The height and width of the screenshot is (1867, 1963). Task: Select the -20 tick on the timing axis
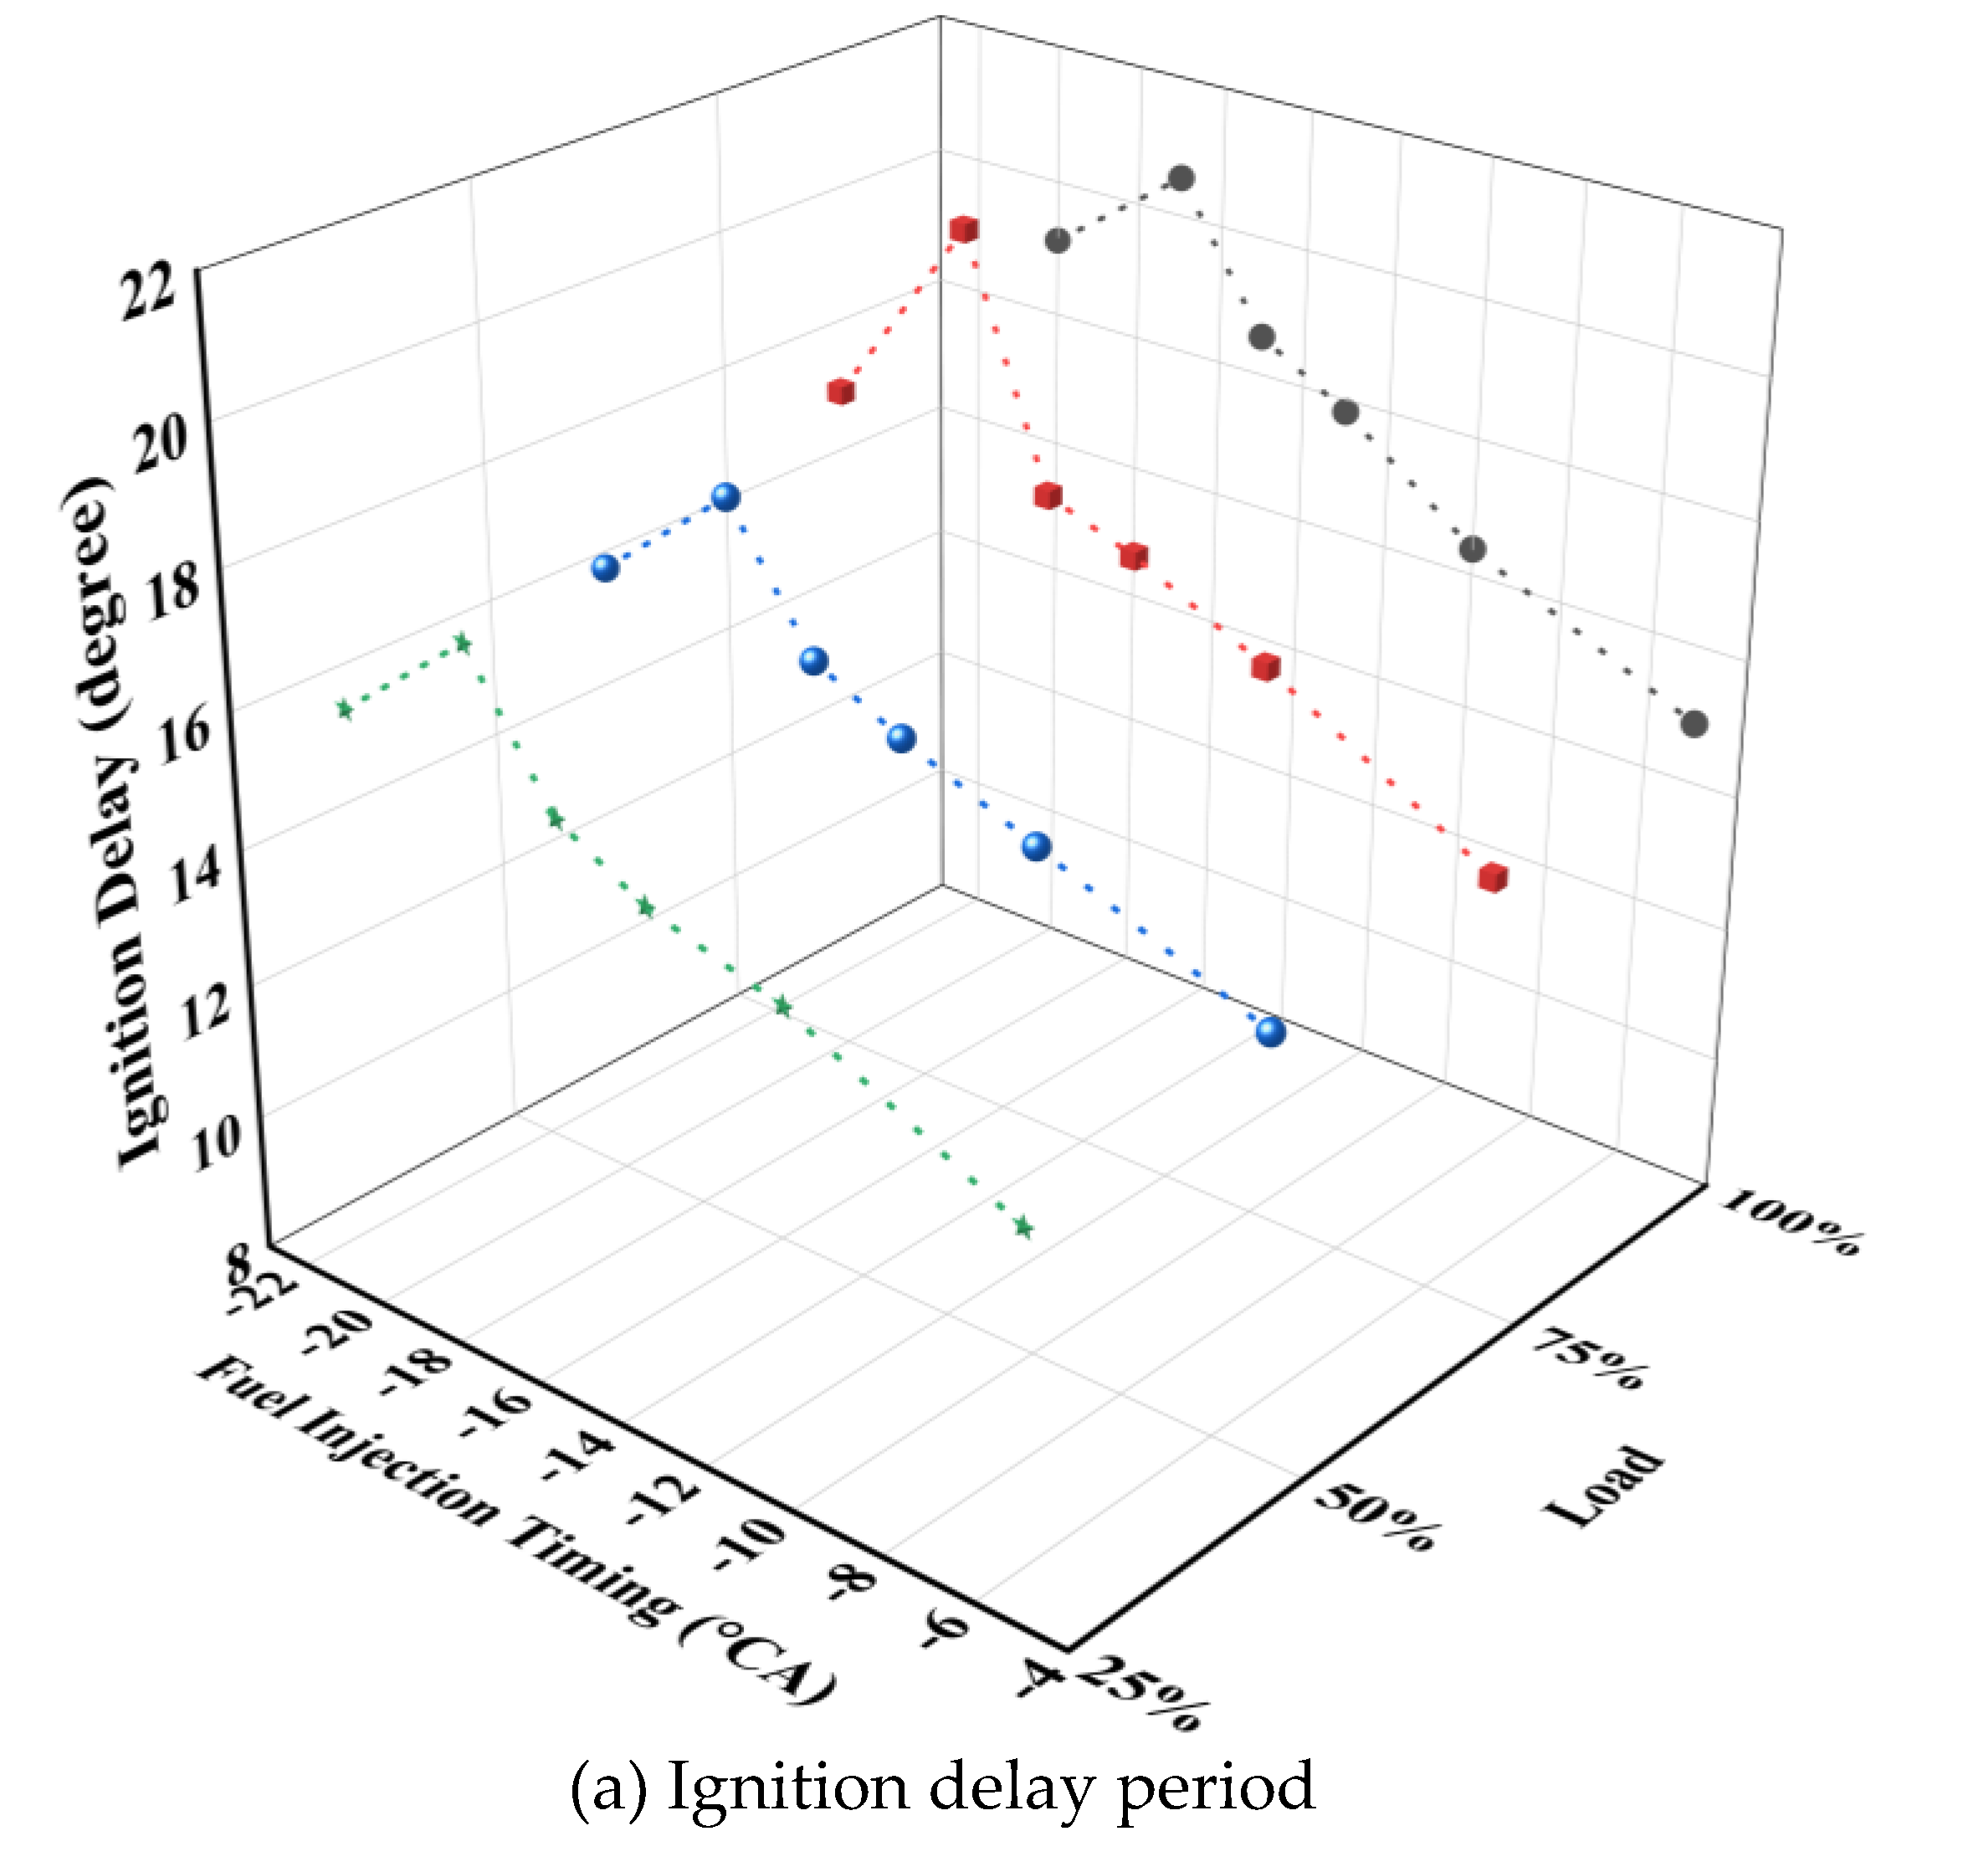click(x=336, y=1330)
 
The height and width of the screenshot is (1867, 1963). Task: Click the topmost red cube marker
click(x=963, y=230)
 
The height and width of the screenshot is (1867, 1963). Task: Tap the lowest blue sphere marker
click(x=1270, y=1032)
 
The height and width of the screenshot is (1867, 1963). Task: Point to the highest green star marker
click(x=463, y=644)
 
